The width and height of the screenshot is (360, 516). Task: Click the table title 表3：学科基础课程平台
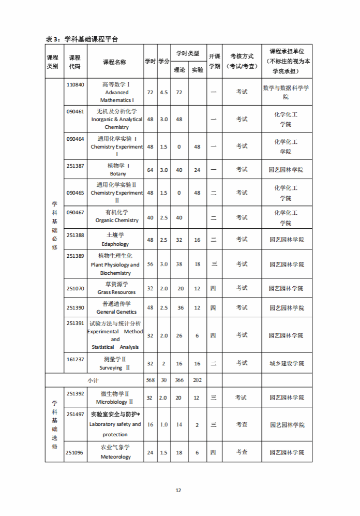82,39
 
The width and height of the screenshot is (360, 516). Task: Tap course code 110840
76,84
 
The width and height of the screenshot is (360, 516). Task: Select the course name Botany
118,174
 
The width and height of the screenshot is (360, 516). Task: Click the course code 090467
76,212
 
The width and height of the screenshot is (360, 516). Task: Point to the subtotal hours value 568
150,380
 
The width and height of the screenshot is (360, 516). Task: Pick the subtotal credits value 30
163,380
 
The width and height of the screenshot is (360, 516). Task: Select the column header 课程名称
114,62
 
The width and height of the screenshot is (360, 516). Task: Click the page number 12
178,491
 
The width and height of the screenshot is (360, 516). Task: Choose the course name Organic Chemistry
117,220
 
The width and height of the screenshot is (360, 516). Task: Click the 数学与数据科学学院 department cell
286,92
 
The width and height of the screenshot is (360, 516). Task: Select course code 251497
76,415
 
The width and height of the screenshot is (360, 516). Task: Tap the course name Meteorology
115,457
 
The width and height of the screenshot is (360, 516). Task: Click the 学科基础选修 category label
54,424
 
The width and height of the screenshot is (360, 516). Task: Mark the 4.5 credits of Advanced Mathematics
163,92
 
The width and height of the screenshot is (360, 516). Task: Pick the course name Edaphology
115,244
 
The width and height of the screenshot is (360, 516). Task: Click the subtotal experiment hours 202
197,380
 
